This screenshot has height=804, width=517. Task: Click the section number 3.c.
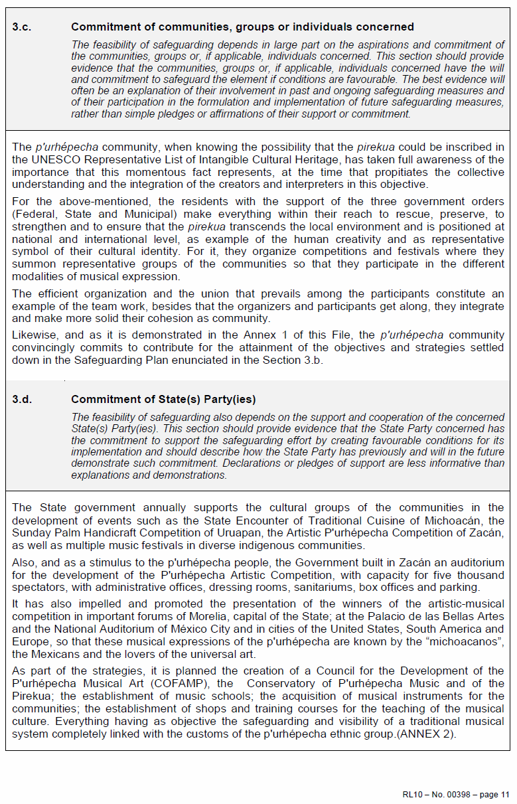coord(22,27)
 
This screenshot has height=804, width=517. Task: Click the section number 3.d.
coord(22,400)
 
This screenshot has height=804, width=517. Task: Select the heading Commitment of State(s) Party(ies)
coord(163,400)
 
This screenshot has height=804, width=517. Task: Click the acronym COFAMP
coord(190,684)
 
